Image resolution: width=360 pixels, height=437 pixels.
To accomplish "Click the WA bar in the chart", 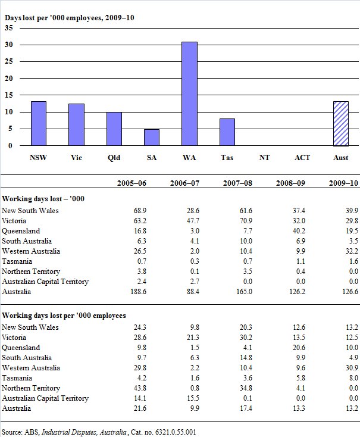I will pos(189,93).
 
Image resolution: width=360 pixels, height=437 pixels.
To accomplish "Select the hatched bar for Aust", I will pos(340,123).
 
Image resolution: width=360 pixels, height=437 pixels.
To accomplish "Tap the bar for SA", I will pos(152,137).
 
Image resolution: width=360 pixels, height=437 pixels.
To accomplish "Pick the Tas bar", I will pos(227,132).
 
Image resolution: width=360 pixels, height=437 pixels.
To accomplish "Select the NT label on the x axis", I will pos(265,158).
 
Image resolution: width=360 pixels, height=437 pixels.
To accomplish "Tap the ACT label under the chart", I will pos(302,158).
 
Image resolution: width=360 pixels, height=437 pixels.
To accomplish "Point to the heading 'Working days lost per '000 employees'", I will pos(64,315).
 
